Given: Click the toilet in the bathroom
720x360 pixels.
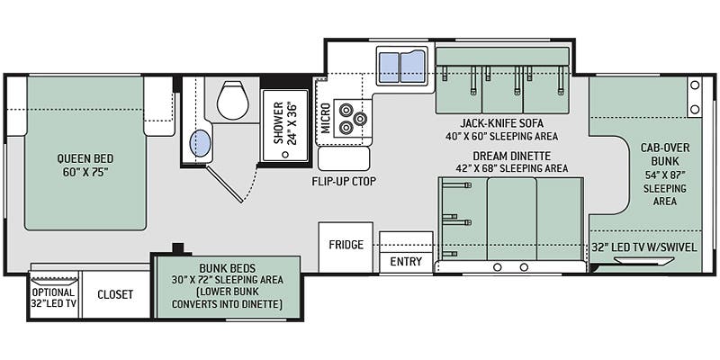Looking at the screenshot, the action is click(233, 101).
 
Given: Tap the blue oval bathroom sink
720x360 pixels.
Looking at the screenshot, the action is click(200, 143).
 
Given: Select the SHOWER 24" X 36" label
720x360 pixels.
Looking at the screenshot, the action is click(285, 123).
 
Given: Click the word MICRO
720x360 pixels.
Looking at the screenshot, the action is click(326, 118).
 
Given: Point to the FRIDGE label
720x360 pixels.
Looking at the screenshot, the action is click(346, 244).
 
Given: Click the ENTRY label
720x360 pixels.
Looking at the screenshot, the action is click(406, 262).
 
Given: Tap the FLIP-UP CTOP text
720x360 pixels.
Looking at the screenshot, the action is click(344, 182).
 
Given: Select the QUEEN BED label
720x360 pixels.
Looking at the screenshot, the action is click(85, 158).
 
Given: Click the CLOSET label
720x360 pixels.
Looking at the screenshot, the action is click(115, 294).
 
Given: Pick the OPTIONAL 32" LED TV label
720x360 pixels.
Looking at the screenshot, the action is click(54, 298).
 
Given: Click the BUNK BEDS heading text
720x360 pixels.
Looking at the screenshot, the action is click(228, 267).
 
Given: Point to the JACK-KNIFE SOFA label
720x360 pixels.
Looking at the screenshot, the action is click(502, 123).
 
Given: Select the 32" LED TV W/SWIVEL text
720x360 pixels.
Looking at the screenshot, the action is click(644, 247).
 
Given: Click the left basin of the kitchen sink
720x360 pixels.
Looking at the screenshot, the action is click(389, 67).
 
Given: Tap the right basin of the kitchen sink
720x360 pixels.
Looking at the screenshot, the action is click(413, 67).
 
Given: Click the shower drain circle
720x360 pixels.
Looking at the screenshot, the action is click(285, 155).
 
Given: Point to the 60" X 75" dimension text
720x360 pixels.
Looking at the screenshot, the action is click(85, 172).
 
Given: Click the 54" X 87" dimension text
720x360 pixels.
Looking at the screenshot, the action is click(664, 175).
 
